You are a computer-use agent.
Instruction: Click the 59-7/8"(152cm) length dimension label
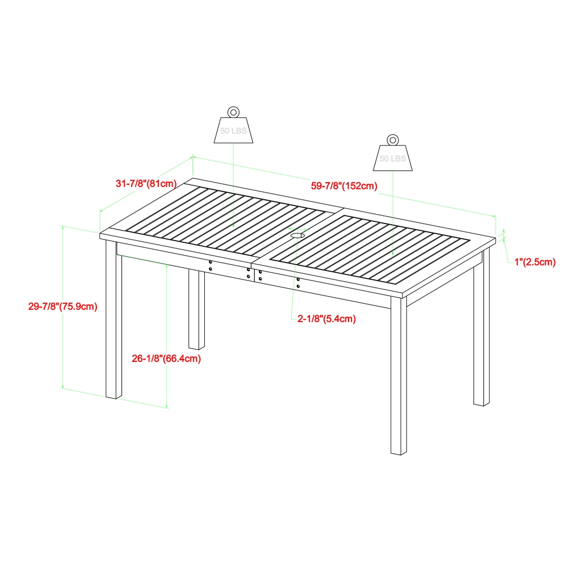344,186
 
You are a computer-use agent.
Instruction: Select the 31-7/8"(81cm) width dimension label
146,184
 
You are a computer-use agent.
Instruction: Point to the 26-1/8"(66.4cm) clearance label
166,359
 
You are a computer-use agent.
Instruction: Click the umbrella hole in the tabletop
297,236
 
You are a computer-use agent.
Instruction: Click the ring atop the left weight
234,111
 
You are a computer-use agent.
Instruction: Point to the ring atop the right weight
392,139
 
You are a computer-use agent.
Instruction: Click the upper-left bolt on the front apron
211,262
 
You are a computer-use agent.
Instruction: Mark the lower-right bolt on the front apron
298,287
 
